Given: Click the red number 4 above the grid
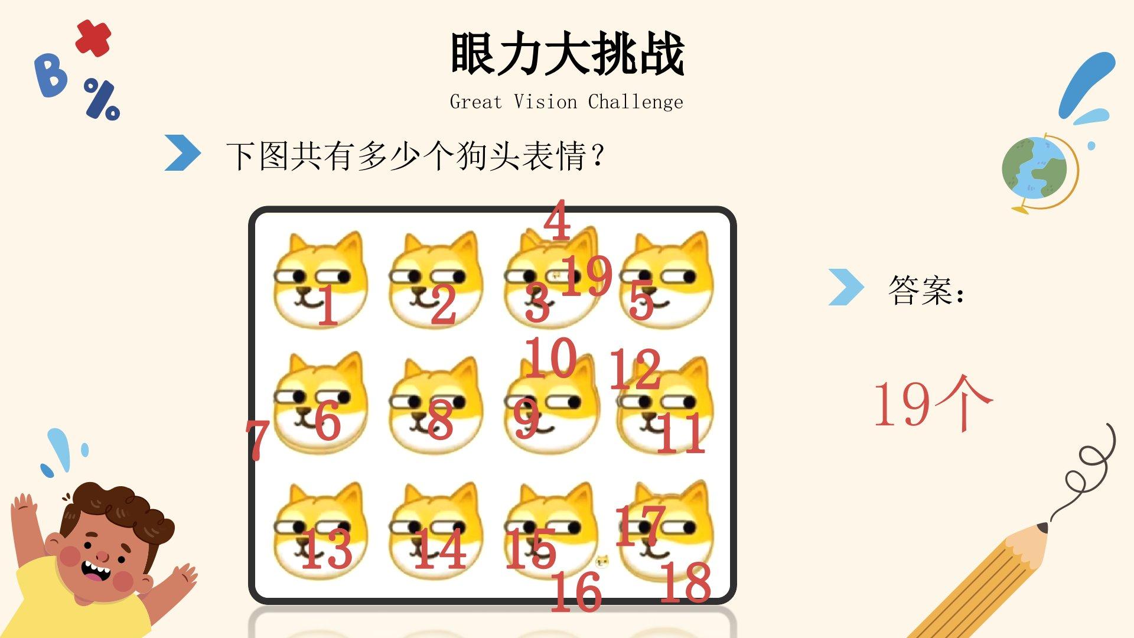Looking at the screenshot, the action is click(x=558, y=220).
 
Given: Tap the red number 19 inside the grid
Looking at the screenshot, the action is click(x=586, y=275).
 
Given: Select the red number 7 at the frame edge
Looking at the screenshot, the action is click(x=258, y=439).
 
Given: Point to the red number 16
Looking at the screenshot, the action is click(x=576, y=591).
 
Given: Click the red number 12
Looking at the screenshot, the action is click(x=635, y=369).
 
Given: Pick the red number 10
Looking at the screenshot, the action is click(x=550, y=357).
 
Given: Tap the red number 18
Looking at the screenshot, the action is click(x=685, y=582).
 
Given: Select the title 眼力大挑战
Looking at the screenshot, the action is click(x=567, y=54).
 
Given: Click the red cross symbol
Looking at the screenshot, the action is click(x=93, y=38).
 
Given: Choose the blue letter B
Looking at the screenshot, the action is click(x=51, y=75).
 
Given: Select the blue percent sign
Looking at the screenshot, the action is click(x=102, y=99).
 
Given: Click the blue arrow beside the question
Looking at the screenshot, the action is click(x=183, y=153).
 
